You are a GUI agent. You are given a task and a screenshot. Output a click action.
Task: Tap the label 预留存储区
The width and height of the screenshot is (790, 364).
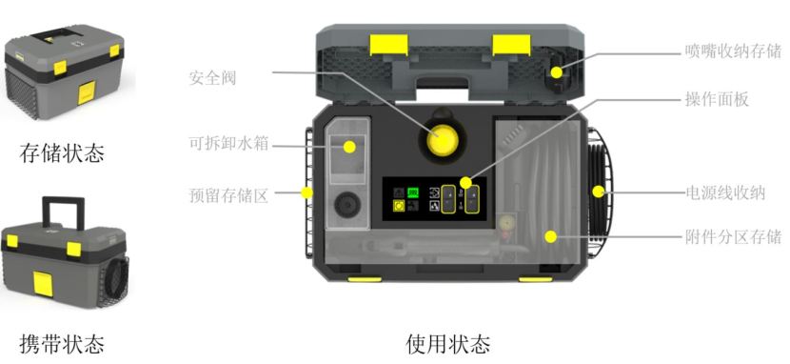pos(229,194)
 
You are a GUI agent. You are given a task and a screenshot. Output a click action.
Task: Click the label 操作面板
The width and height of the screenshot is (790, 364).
pos(717,98)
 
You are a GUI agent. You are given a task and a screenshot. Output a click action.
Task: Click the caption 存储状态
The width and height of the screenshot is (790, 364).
pos(63,152)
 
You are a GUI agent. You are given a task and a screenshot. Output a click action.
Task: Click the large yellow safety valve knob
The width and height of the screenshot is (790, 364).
pos(441,143)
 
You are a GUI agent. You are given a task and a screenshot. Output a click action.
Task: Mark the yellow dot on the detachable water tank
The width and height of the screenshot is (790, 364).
pos(349,147)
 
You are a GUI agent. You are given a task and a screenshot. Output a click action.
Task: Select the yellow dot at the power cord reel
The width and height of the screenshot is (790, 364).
pos(598,192)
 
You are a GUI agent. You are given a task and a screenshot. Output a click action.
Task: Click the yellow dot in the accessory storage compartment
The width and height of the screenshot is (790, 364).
pos(549,236)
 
